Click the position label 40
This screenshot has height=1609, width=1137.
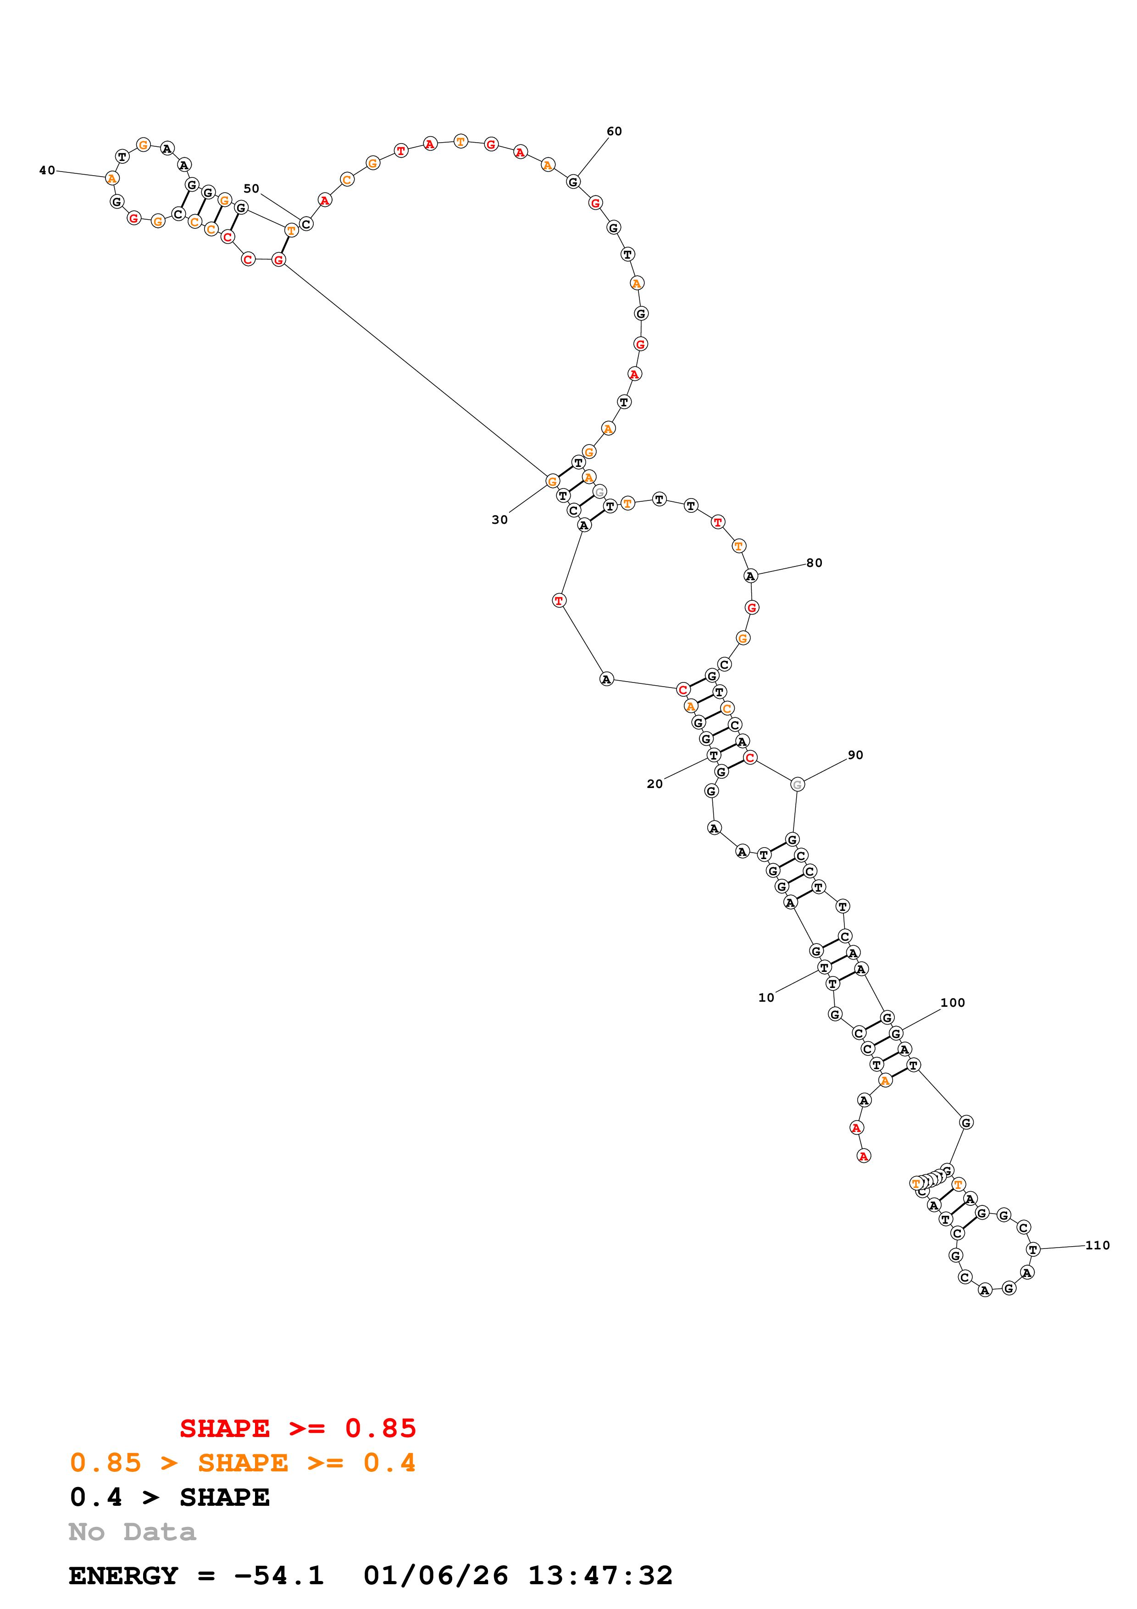coord(47,170)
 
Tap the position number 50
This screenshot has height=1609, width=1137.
coord(251,189)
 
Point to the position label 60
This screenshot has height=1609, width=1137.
coord(615,131)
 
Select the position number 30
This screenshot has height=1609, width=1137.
coord(499,519)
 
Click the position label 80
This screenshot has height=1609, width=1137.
coord(814,563)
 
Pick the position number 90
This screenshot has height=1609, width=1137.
coord(855,755)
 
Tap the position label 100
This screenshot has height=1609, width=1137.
coord(953,1003)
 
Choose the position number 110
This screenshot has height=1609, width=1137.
coord(1098,1245)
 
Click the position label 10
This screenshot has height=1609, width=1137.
coord(766,997)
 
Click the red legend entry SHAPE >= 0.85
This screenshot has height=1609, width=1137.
coord(298,1428)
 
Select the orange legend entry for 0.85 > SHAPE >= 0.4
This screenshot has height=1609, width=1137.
coord(242,1463)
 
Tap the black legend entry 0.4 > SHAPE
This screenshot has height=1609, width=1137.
coord(170,1497)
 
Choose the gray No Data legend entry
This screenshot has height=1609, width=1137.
coord(132,1531)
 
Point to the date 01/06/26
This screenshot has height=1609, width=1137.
coord(436,1576)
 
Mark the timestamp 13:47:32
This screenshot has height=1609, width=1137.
coord(600,1576)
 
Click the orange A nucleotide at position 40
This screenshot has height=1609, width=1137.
coord(112,179)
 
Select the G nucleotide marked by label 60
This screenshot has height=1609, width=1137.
coord(573,182)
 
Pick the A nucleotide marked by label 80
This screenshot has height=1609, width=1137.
coord(750,576)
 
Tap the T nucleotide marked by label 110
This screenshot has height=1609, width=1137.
coord(1032,1249)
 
